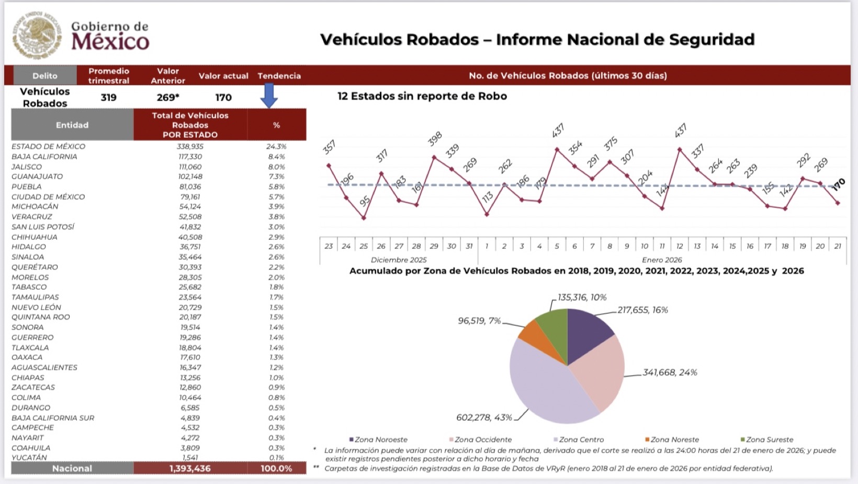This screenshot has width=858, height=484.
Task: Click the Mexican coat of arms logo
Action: coord(37,35)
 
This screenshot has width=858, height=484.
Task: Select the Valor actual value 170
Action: coord(223,97)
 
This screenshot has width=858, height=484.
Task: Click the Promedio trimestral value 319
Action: coord(108,97)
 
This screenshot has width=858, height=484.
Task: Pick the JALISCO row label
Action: coord(27,167)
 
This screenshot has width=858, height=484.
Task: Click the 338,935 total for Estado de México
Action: coord(190,147)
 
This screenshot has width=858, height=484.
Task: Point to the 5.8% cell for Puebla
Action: coord(276,186)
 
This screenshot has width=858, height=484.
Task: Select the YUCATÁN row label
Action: coord(29,457)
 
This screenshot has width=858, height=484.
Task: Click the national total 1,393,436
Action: coord(190,468)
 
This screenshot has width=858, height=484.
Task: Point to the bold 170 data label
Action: coord(838,184)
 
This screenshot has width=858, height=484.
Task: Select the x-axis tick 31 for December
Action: coord(469,246)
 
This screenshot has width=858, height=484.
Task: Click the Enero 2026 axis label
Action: coord(662,260)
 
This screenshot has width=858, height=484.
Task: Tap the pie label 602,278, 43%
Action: coord(484,417)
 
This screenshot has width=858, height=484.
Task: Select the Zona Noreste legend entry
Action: coord(672,439)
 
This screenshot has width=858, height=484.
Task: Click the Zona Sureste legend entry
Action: coord(767,439)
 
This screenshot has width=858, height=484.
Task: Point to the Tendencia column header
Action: coord(279,76)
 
